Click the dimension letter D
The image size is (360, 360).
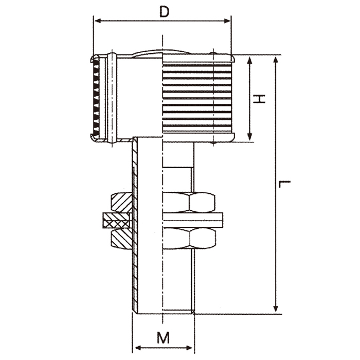point(165,12)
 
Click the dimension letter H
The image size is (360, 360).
point(259,99)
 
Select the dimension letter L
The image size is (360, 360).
point(284,184)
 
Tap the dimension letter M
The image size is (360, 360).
point(164,337)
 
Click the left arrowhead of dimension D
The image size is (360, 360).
point(98,21)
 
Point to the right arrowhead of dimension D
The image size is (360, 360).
point(227,21)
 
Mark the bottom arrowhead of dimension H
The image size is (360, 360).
point(250,136)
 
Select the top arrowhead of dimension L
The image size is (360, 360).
point(276,60)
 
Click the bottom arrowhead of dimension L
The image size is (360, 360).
point(276,308)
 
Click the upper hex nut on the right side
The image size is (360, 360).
point(189,202)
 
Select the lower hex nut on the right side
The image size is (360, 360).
point(189,239)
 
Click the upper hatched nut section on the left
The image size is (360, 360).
point(121,202)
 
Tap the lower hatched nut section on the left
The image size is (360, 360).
point(121,239)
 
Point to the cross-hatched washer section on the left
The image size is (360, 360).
point(117,220)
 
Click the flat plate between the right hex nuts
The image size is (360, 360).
point(193,220)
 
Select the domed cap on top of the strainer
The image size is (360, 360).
point(162,52)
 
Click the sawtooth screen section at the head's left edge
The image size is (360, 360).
point(96,98)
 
